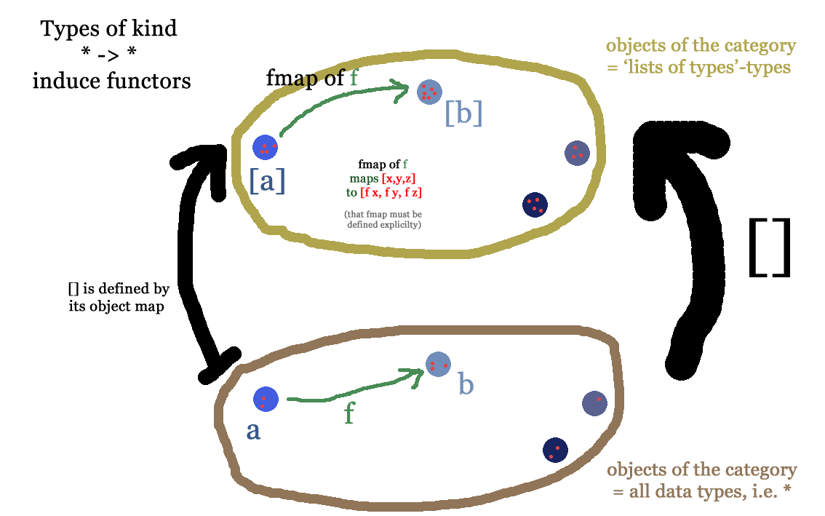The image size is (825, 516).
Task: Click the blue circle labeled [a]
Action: coord(265,148)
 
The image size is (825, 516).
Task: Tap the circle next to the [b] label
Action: coord(429,92)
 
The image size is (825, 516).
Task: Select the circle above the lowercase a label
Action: coord(266,399)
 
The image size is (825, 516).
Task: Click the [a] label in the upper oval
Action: coord(267,180)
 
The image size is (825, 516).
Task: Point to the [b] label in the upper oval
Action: coord(463,113)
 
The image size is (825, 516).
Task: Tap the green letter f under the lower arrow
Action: coord(350,413)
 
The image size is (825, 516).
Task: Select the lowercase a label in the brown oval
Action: coord(252,431)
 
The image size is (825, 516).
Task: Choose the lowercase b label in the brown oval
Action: coord(466,384)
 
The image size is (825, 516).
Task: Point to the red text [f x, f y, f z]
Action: coord(391,193)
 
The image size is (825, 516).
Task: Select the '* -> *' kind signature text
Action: coord(110,55)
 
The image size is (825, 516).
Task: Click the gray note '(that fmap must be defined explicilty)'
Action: coord(383,220)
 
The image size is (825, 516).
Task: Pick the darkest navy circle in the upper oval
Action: coord(535,205)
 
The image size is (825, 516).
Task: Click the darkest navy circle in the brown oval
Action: coord(555,450)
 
